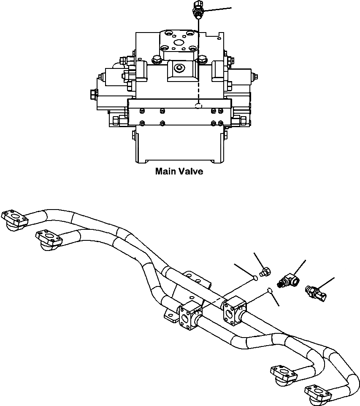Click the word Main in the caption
pos(165,172)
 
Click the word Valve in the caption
pos(190,172)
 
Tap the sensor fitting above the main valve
pos(197,9)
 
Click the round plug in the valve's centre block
pos(180,68)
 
